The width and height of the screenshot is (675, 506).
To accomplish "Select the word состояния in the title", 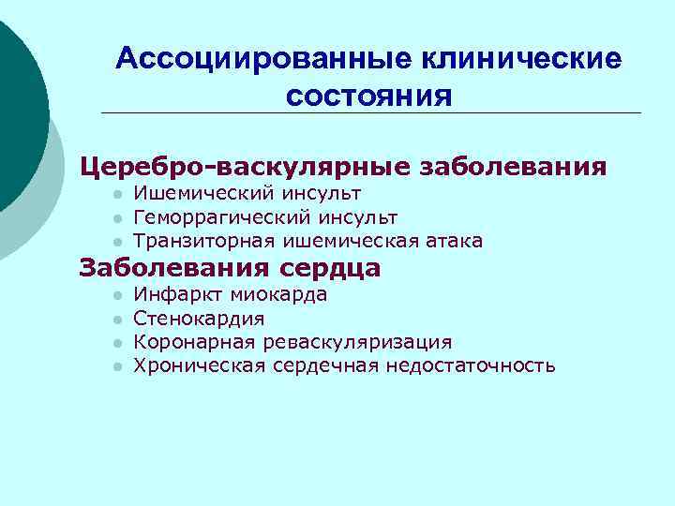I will coord(369,96).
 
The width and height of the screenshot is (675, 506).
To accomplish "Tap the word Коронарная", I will coord(193,342).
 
